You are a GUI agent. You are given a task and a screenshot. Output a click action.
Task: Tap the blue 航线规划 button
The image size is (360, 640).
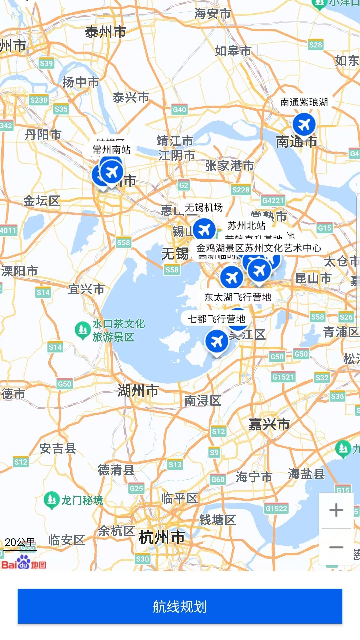(x=180, y=606)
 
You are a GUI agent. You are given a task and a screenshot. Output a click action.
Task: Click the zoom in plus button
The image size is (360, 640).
(x=336, y=510)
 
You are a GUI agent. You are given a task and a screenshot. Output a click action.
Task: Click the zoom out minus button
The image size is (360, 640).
(x=336, y=547)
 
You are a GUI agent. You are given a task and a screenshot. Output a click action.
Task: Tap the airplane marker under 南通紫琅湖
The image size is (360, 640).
(x=304, y=124)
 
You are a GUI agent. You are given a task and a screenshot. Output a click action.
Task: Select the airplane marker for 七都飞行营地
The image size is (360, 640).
(x=217, y=341)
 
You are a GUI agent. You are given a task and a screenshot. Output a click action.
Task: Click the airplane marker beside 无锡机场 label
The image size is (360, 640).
(x=204, y=230)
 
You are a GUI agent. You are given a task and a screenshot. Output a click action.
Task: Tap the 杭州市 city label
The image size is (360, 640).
(x=162, y=537)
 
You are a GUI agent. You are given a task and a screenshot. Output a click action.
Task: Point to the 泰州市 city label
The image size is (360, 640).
(x=105, y=32)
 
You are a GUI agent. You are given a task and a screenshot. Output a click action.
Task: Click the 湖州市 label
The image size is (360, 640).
(x=138, y=390)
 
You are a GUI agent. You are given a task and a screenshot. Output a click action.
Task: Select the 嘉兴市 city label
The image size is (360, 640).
(x=269, y=424)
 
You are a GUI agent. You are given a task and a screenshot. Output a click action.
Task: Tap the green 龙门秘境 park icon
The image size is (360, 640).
(x=51, y=500)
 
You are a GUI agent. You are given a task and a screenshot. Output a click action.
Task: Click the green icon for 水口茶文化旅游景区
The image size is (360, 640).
(x=82, y=329)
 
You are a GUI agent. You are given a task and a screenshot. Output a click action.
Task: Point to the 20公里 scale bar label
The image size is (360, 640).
(x=20, y=542)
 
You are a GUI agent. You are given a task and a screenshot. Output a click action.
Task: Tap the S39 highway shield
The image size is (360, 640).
(x=46, y=63)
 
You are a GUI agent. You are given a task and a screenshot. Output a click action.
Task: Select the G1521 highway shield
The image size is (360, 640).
(x=283, y=377)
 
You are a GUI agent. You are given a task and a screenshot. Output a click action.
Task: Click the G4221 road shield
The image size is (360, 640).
(x=273, y=200)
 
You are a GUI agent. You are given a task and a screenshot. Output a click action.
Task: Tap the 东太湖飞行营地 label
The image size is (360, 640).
(x=238, y=297)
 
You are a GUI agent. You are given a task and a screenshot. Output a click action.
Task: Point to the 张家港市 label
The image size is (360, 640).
(x=229, y=165)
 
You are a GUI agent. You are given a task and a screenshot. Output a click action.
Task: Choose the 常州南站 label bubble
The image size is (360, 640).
(x=112, y=149)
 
